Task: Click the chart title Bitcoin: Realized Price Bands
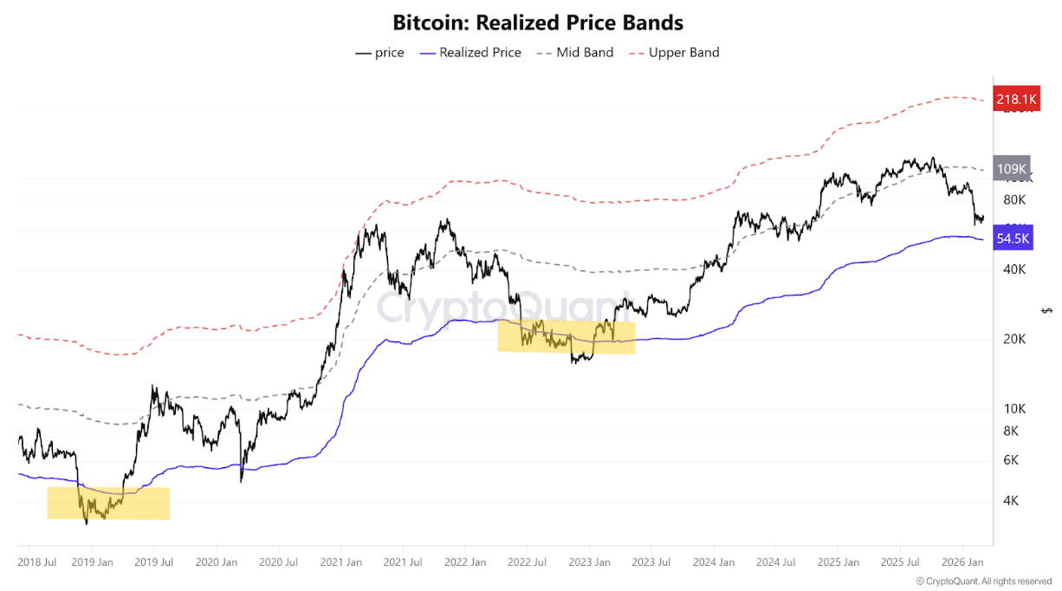[x=537, y=22]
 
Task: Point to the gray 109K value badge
[x=1011, y=169]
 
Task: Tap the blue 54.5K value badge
[x=1013, y=237]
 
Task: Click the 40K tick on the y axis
[x=1014, y=270]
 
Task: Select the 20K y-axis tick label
[x=1014, y=339]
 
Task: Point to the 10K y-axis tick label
[x=1014, y=408]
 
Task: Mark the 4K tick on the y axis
[x=1011, y=500]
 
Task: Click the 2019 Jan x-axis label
[x=92, y=562]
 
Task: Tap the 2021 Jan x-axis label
[x=340, y=562]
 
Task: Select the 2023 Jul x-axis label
[x=651, y=562]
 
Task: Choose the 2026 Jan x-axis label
[x=962, y=562]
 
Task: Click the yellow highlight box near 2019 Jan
[x=108, y=503]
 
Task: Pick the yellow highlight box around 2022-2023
[x=567, y=337]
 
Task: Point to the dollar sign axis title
[x=1047, y=310]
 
